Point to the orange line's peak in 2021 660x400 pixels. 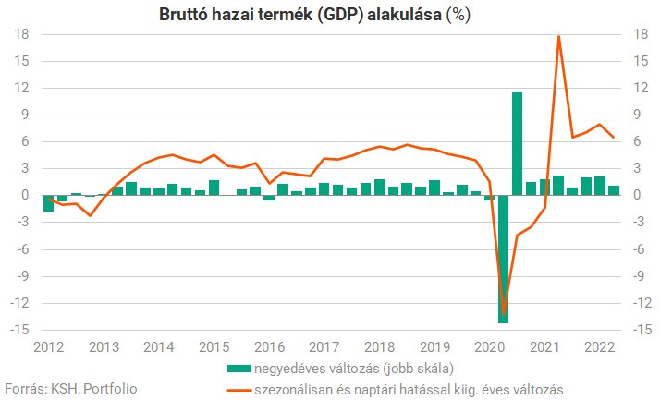point(559,36)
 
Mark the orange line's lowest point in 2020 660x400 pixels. point(503,314)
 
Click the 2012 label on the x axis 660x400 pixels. point(48,347)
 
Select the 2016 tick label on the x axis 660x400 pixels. point(269,347)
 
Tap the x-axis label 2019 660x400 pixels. point(434,347)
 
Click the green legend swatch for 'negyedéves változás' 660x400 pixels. point(238,368)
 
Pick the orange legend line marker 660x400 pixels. point(238,388)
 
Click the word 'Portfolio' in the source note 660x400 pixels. point(109,388)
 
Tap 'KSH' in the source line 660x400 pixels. point(63,388)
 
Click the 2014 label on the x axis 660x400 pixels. point(159,347)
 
